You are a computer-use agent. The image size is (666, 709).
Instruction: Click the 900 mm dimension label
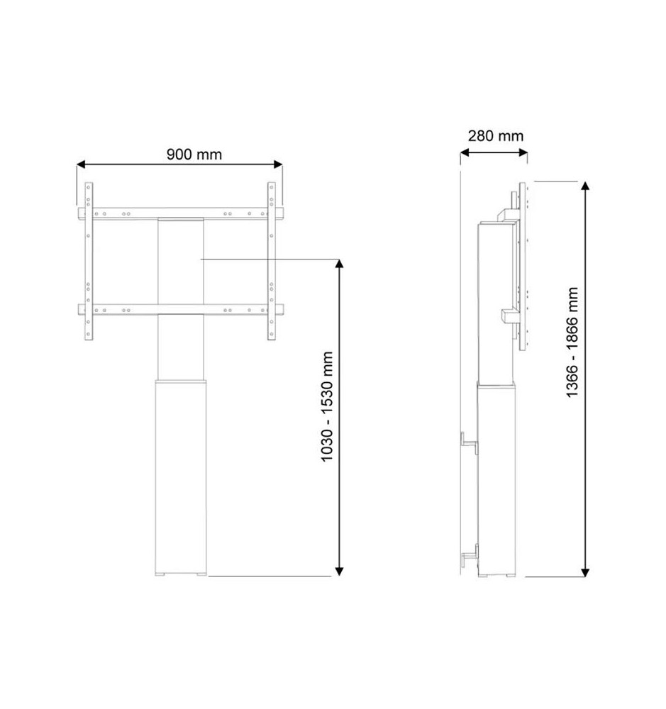(194, 154)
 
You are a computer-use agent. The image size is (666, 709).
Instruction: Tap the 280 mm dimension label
(496, 135)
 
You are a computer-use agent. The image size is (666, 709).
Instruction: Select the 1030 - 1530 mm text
(327, 406)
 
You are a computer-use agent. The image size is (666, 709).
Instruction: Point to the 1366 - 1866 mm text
(572, 342)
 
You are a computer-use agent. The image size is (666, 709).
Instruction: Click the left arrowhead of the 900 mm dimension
(81, 164)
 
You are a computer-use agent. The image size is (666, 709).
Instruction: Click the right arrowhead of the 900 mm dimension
(278, 164)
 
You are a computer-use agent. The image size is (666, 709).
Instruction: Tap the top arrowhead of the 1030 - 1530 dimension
(339, 264)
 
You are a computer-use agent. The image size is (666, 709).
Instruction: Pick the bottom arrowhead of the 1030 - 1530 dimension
(339, 571)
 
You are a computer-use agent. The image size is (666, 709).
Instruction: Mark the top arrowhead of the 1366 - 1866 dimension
(584, 186)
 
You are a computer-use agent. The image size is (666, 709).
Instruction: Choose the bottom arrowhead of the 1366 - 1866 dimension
(584, 572)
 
